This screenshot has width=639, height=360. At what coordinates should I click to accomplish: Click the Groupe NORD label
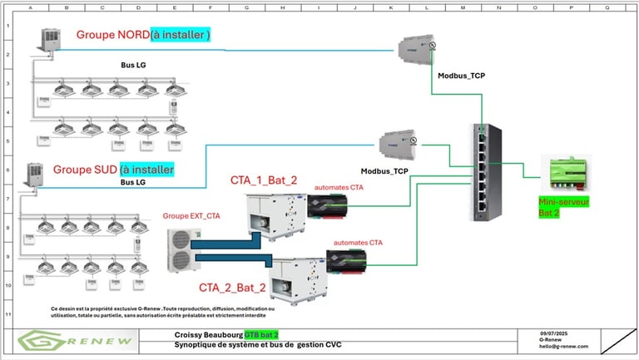(x=113, y=35)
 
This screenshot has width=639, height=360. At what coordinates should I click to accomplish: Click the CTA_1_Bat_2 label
(x=264, y=180)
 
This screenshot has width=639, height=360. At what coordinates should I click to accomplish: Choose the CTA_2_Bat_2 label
(x=232, y=288)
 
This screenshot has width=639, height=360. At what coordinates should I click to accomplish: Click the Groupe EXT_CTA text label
(x=191, y=216)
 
